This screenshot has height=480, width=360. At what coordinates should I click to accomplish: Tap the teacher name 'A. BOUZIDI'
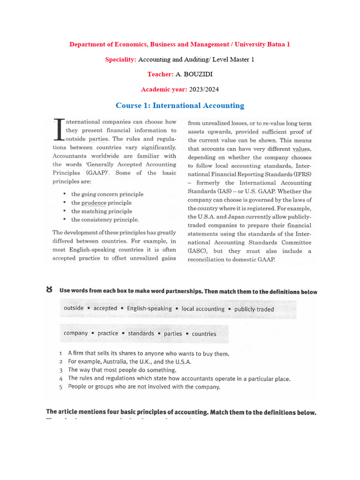[x=192, y=74]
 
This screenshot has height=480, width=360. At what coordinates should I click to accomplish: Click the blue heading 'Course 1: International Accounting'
[x=180, y=105]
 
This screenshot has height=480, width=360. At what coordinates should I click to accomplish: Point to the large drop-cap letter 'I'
[x=59, y=129]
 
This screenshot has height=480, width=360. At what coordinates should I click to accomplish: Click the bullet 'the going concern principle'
[x=107, y=194]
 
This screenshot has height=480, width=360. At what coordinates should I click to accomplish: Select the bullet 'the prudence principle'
[x=101, y=203]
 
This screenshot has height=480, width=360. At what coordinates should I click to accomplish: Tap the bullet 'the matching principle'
[x=102, y=211]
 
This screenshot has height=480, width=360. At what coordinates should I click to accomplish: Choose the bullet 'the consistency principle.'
[x=105, y=219]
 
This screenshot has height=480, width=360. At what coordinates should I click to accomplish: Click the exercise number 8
[x=49, y=290]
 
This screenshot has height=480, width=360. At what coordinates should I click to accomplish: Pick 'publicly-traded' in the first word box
[x=254, y=309]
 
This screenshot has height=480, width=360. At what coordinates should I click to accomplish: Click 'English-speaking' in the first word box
[x=149, y=308]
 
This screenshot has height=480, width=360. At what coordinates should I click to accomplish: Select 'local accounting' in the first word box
[x=203, y=309]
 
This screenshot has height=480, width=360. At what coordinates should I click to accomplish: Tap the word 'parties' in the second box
[x=172, y=334]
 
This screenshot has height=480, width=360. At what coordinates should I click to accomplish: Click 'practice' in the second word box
[x=108, y=333]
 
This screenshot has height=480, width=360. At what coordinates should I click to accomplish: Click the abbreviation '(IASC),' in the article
[x=198, y=251]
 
